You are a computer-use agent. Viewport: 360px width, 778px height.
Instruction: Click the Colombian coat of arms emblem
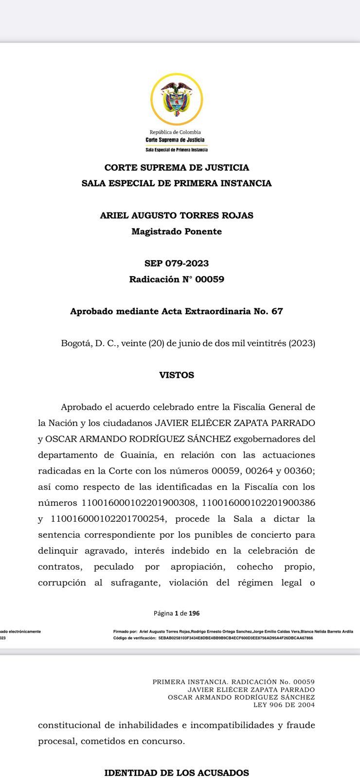point(177,99)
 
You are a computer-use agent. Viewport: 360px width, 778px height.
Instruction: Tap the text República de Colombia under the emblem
point(175,132)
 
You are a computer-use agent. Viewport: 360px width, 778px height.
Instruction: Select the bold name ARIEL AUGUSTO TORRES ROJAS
point(177,215)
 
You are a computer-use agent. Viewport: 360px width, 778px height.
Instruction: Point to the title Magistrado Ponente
point(177,231)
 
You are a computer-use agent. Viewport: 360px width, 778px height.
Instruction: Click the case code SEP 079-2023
point(177,264)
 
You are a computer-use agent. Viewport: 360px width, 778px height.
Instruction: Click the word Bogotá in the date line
point(74,343)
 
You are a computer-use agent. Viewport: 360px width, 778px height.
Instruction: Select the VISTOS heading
point(177,375)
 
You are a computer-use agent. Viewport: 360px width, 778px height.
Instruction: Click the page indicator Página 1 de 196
point(177,613)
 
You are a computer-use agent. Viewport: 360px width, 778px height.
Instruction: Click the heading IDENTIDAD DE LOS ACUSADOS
point(177,773)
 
